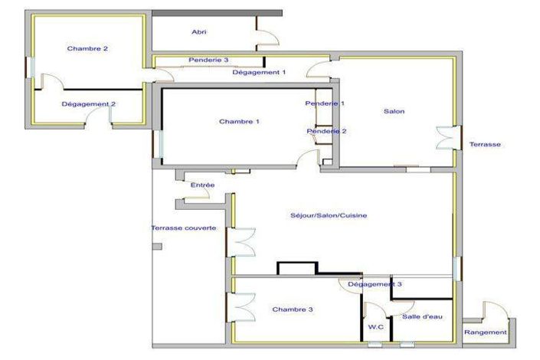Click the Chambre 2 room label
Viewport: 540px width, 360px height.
[x=87, y=48]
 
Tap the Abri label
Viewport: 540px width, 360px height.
[x=199, y=32]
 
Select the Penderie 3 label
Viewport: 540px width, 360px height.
[x=208, y=60]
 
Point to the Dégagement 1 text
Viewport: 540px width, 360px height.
[x=259, y=72]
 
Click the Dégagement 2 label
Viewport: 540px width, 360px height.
[x=89, y=104]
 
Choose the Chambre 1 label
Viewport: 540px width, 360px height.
[x=239, y=122]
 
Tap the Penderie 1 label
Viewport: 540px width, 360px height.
[x=325, y=103]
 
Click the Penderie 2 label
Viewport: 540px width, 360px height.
[x=326, y=131]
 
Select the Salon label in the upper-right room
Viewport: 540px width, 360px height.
[x=394, y=111]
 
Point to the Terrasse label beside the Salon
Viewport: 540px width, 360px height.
[x=485, y=144]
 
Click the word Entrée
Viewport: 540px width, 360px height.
[x=202, y=185]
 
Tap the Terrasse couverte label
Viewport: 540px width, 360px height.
[x=184, y=228]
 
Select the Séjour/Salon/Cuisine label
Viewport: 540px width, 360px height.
[x=329, y=216]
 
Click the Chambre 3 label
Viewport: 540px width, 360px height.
[x=293, y=309]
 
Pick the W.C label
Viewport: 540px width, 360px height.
[x=376, y=327]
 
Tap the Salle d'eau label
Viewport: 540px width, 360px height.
[x=422, y=316]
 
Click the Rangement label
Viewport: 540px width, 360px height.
[x=486, y=332]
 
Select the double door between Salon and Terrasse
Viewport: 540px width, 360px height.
[x=449, y=138]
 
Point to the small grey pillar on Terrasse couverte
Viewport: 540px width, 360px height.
[x=157, y=247]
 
